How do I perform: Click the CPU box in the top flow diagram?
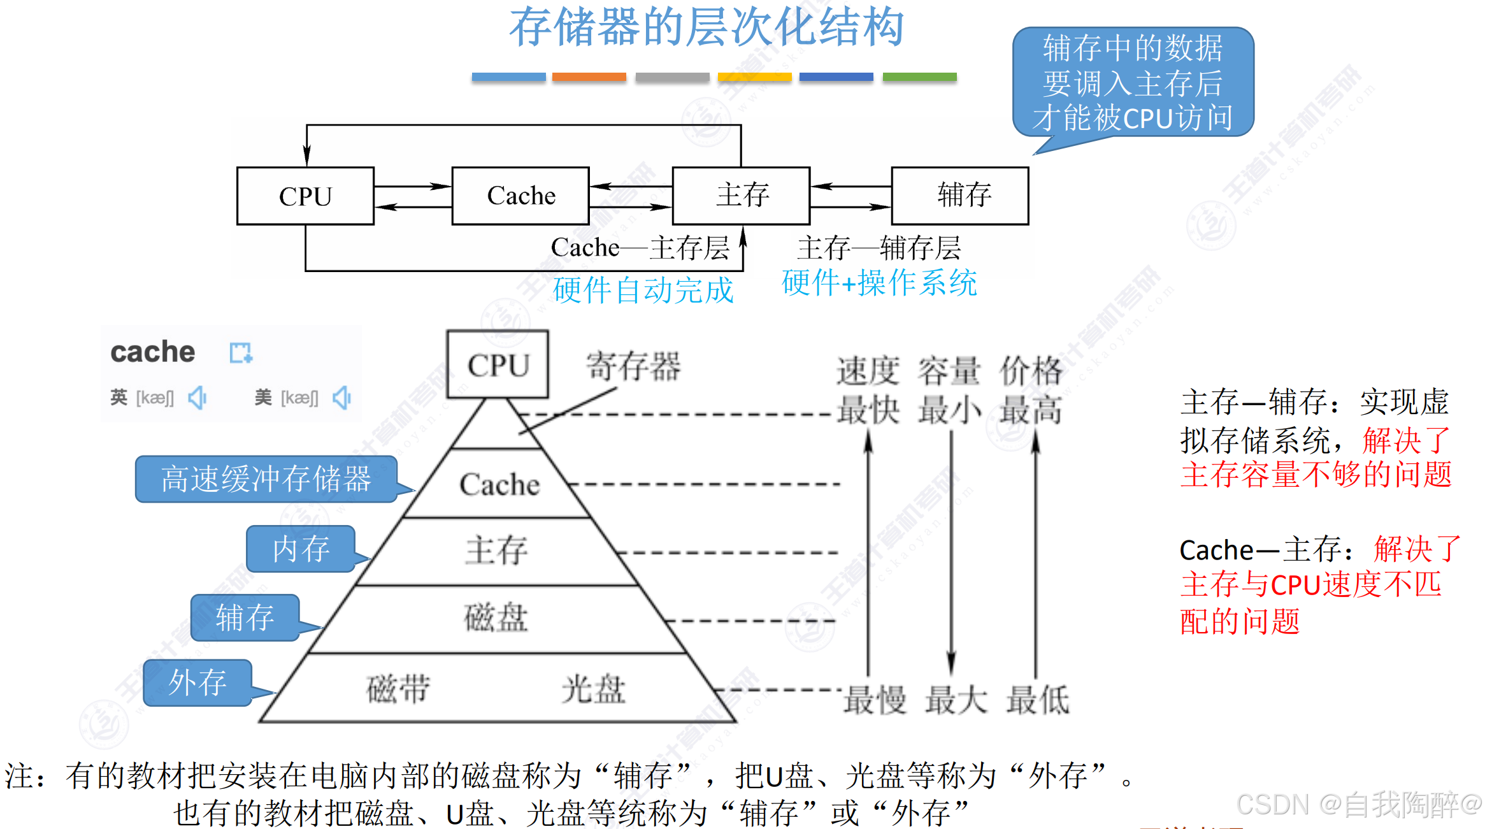(x=305, y=196)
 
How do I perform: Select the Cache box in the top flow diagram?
(x=520, y=196)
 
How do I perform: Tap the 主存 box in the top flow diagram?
(x=741, y=196)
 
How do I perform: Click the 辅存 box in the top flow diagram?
(x=960, y=196)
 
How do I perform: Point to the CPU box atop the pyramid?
(x=498, y=364)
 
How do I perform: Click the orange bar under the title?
(x=589, y=77)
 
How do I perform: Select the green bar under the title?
(x=919, y=77)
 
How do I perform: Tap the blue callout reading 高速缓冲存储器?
(x=266, y=479)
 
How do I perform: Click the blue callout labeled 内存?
(x=301, y=549)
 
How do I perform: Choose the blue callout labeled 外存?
(x=197, y=682)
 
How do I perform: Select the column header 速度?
(x=868, y=371)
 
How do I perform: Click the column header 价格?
(x=1031, y=371)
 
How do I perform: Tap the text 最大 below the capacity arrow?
(x=956, y=700)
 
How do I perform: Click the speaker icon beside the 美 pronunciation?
(x=342, y=398)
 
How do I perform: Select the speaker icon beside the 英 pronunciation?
(x=197, y=398)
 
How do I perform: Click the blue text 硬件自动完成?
(x=643, y=291)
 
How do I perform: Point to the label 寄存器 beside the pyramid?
(x=633, y=366)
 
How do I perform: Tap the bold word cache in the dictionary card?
(x=153, y=352)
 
